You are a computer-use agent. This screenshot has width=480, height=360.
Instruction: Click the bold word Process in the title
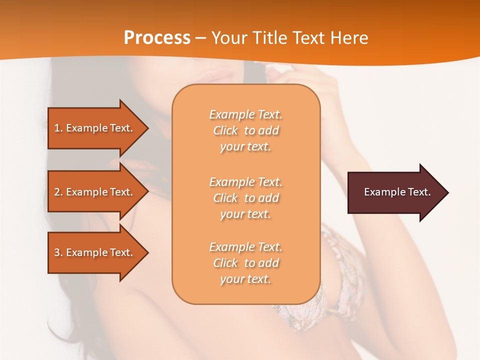[157, 38]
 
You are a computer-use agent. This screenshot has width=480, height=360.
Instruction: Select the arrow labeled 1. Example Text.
[95, 128]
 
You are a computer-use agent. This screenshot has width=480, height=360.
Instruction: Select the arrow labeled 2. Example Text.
[95, 192]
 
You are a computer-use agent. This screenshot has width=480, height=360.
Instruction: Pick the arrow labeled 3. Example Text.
[95, 252]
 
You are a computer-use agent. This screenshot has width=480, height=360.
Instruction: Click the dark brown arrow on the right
[395, 192]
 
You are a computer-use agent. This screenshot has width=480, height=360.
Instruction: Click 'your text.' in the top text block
[245, 147]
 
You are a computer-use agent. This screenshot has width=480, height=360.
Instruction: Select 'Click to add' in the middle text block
[245, 198]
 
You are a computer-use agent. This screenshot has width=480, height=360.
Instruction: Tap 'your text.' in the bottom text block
[245, 279]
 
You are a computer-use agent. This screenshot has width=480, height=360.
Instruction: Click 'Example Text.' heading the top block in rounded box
[245, 114]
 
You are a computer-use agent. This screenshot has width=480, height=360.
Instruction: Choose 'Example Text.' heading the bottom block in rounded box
[245, 247]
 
